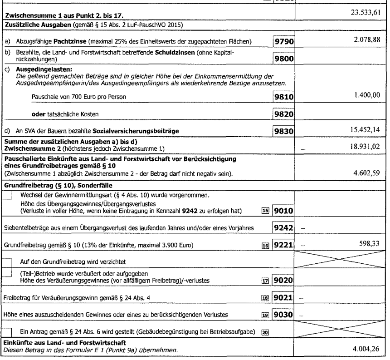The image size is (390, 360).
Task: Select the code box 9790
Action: click(283, 42)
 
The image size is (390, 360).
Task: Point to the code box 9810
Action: click(283, 97)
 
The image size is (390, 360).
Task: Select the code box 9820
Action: click(283, 113)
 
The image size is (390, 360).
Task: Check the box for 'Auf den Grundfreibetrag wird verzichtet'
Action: click(8, 262)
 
